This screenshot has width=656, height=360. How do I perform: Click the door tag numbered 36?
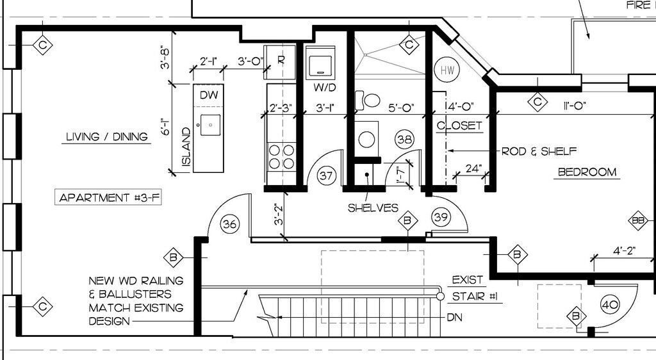(229, 224)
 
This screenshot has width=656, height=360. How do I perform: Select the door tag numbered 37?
(327, 175)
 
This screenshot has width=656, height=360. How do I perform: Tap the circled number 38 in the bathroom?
(404, 138)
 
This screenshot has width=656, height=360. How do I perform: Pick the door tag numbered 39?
(441, 217)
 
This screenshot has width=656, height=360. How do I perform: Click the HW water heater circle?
(446, 70)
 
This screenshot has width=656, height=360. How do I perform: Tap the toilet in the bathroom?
(371, 99)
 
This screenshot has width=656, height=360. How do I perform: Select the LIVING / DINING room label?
(107, 136)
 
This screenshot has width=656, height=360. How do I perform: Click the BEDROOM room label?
(587, 172)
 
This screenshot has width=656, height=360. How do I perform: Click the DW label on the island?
(209, 95)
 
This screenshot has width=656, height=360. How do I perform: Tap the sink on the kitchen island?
(210, 125)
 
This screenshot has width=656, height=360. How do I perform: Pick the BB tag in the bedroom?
(638, 221)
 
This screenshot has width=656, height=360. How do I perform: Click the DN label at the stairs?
(454, 317)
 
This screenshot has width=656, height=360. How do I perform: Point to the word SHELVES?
(373, 208)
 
